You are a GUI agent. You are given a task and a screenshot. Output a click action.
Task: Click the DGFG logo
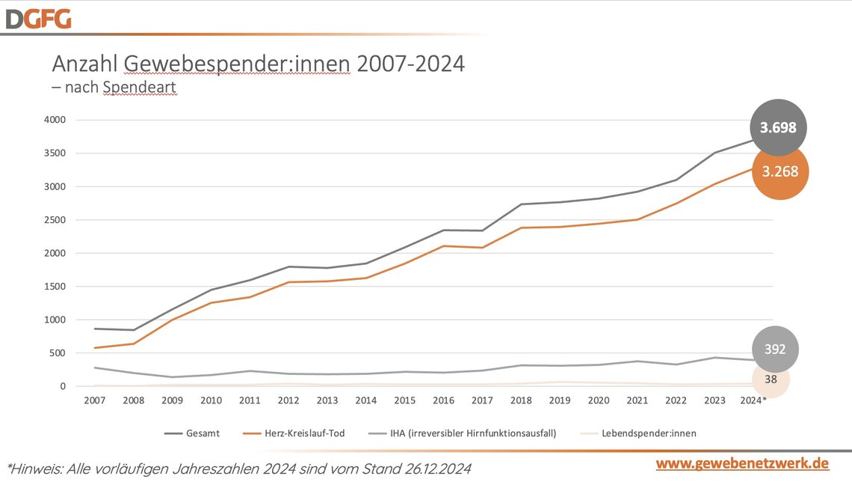coord(38,18)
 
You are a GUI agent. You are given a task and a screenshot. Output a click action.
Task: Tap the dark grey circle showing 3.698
coord(778,128)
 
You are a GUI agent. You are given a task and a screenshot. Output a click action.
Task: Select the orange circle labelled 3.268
coord(780,171)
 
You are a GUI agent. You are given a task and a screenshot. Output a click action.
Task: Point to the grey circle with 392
coord(775,349)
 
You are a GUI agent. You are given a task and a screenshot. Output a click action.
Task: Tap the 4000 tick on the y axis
coord(56,120)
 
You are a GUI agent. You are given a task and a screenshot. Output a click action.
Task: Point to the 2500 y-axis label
coord(56,220)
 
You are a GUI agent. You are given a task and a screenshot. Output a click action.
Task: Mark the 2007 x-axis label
coord(94,400)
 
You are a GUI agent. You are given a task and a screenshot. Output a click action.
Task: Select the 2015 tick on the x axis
coord(405,400)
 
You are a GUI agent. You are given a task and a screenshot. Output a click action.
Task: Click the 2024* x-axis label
coord(753,400)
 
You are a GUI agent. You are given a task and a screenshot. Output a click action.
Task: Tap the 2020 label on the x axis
coord(599,400)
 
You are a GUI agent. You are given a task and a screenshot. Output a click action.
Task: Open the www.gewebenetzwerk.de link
coord(741,463)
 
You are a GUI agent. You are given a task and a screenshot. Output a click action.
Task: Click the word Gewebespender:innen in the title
coord(236,64)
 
